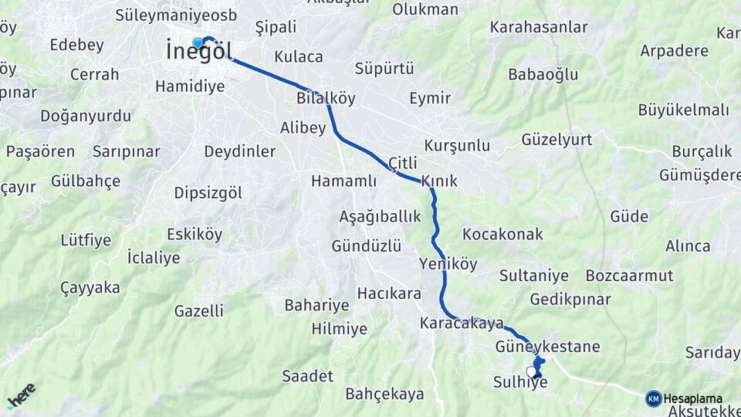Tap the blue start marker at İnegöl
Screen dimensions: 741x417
[x=198, y=43]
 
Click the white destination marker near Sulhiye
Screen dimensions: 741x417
[x=531, y=371]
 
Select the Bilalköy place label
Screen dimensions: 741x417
[x=326, y=98]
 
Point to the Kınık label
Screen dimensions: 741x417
[x=438, y=181]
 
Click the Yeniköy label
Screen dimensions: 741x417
[x=448, y=264]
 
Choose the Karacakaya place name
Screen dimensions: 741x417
[x=462, y=323]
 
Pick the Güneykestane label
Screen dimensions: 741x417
[x=547, y=347]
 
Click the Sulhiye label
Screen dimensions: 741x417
[x=520, y=382]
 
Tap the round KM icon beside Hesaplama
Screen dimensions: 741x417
[x=653, y=398]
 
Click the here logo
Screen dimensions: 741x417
[x=22, y=395]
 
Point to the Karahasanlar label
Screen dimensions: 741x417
[x=539, y=28]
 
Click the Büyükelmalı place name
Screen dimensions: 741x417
[x=683, y=110]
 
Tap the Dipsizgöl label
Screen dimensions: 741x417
[x=208, y=192]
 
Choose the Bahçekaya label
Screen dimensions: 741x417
[x=384, y=394]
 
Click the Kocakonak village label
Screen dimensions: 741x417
[x=502, y=234]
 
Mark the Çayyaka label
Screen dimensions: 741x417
[x=90, y=288]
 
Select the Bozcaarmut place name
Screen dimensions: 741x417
[x=629, y=276]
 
